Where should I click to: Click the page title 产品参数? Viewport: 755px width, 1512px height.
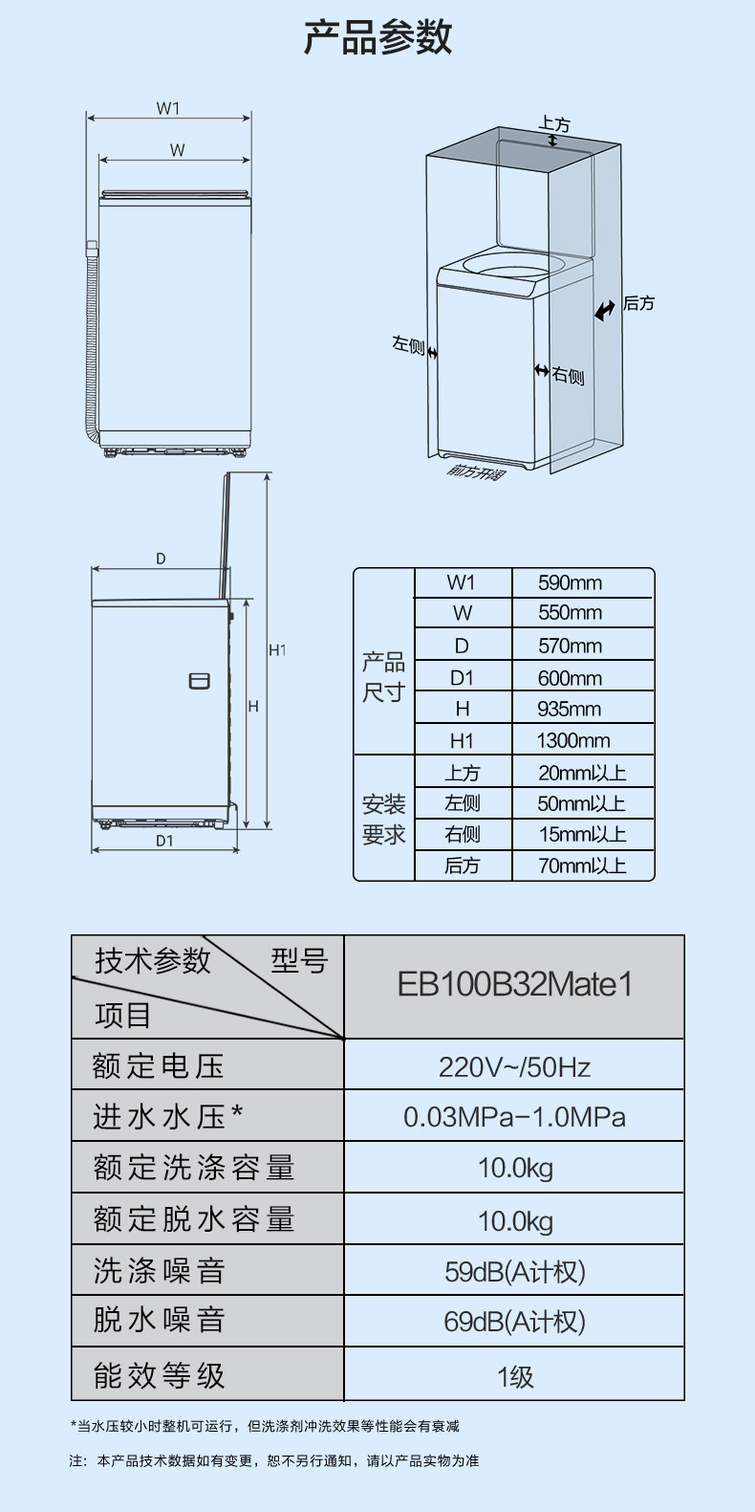377,37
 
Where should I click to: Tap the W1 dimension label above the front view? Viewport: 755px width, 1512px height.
168,108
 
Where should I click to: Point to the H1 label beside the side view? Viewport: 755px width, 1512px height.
277,650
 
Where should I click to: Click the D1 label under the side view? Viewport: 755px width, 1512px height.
164,841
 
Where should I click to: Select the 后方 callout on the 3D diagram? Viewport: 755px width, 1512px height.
638,303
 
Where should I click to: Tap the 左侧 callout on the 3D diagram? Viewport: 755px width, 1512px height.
408,344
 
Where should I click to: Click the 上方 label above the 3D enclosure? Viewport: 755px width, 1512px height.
553,124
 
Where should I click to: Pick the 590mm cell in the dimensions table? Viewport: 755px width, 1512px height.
570,583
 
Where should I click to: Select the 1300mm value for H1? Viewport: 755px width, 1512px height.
572,740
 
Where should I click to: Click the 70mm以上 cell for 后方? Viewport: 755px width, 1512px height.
581,866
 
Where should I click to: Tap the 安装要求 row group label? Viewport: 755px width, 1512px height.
383,819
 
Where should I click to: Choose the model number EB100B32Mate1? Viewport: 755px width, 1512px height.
514,985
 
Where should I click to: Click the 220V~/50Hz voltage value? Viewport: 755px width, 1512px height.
514,1066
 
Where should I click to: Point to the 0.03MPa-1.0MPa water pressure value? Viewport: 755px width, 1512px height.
514,1117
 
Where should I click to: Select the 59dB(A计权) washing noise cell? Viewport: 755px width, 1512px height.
514,1271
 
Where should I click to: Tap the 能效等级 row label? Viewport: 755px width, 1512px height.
160,1375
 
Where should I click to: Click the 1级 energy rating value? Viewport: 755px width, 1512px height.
514,1376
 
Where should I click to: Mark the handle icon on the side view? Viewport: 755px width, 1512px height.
199,681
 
